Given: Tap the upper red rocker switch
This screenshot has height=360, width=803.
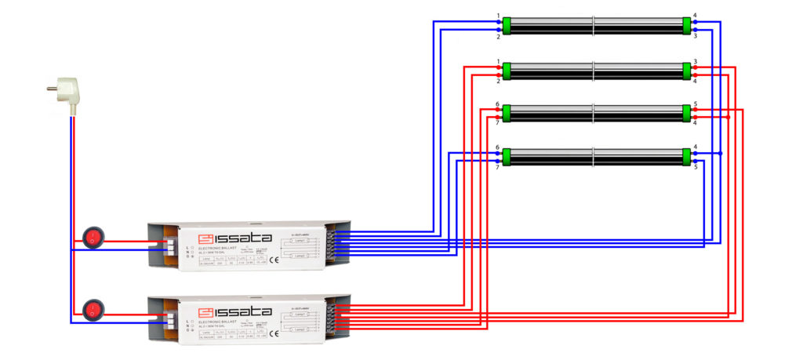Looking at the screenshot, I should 93,236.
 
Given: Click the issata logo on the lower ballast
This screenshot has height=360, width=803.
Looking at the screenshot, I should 234,312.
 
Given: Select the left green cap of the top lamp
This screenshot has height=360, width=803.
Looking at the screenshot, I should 507,26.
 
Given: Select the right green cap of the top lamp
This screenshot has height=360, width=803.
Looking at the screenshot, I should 688,26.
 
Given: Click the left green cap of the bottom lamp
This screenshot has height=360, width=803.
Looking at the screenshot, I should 507,157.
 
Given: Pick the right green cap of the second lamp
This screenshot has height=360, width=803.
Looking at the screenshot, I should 688,71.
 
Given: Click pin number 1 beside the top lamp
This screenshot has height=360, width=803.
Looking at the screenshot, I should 498,16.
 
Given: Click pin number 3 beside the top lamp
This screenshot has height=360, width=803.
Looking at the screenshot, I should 696,36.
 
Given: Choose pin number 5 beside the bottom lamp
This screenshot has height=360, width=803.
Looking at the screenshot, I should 696,167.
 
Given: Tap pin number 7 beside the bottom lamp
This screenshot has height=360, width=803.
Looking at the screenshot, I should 498,167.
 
